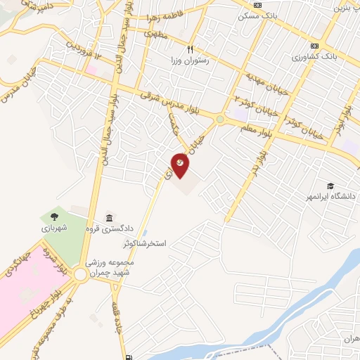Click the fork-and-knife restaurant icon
[x=190, y=50]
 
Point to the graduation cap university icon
[x=330, y=186]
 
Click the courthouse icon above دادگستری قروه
[x=109, y=216]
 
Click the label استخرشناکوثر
[x=144, y=243]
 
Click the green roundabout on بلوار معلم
[x=220, y=120]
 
